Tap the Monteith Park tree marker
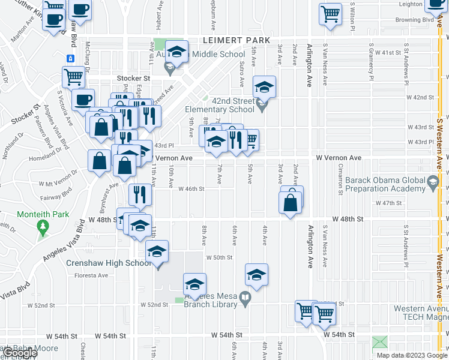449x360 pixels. [x=42, y=226]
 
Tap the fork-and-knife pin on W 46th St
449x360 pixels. [x=140, y=194]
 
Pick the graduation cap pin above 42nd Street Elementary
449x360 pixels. [x=264, y=87]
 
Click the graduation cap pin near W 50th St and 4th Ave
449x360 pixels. [x=256, y=275]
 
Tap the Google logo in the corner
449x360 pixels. [x=20, y=353]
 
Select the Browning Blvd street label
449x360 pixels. [x=414, y=20]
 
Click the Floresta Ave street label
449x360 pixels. [x=90, y=276]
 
